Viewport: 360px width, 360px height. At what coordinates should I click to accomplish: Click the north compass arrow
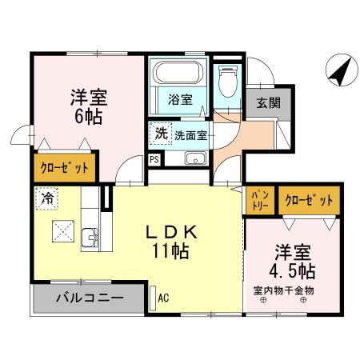pos(340,71)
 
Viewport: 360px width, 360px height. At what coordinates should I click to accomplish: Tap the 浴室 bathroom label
pos(179,100)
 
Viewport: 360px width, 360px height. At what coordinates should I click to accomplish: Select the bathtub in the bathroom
pos(179,75)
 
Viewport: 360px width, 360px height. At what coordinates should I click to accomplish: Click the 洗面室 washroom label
pos(191,135)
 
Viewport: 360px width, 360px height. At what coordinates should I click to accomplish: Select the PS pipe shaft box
pos(154,158)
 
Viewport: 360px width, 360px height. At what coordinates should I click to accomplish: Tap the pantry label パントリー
pos(260,198)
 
